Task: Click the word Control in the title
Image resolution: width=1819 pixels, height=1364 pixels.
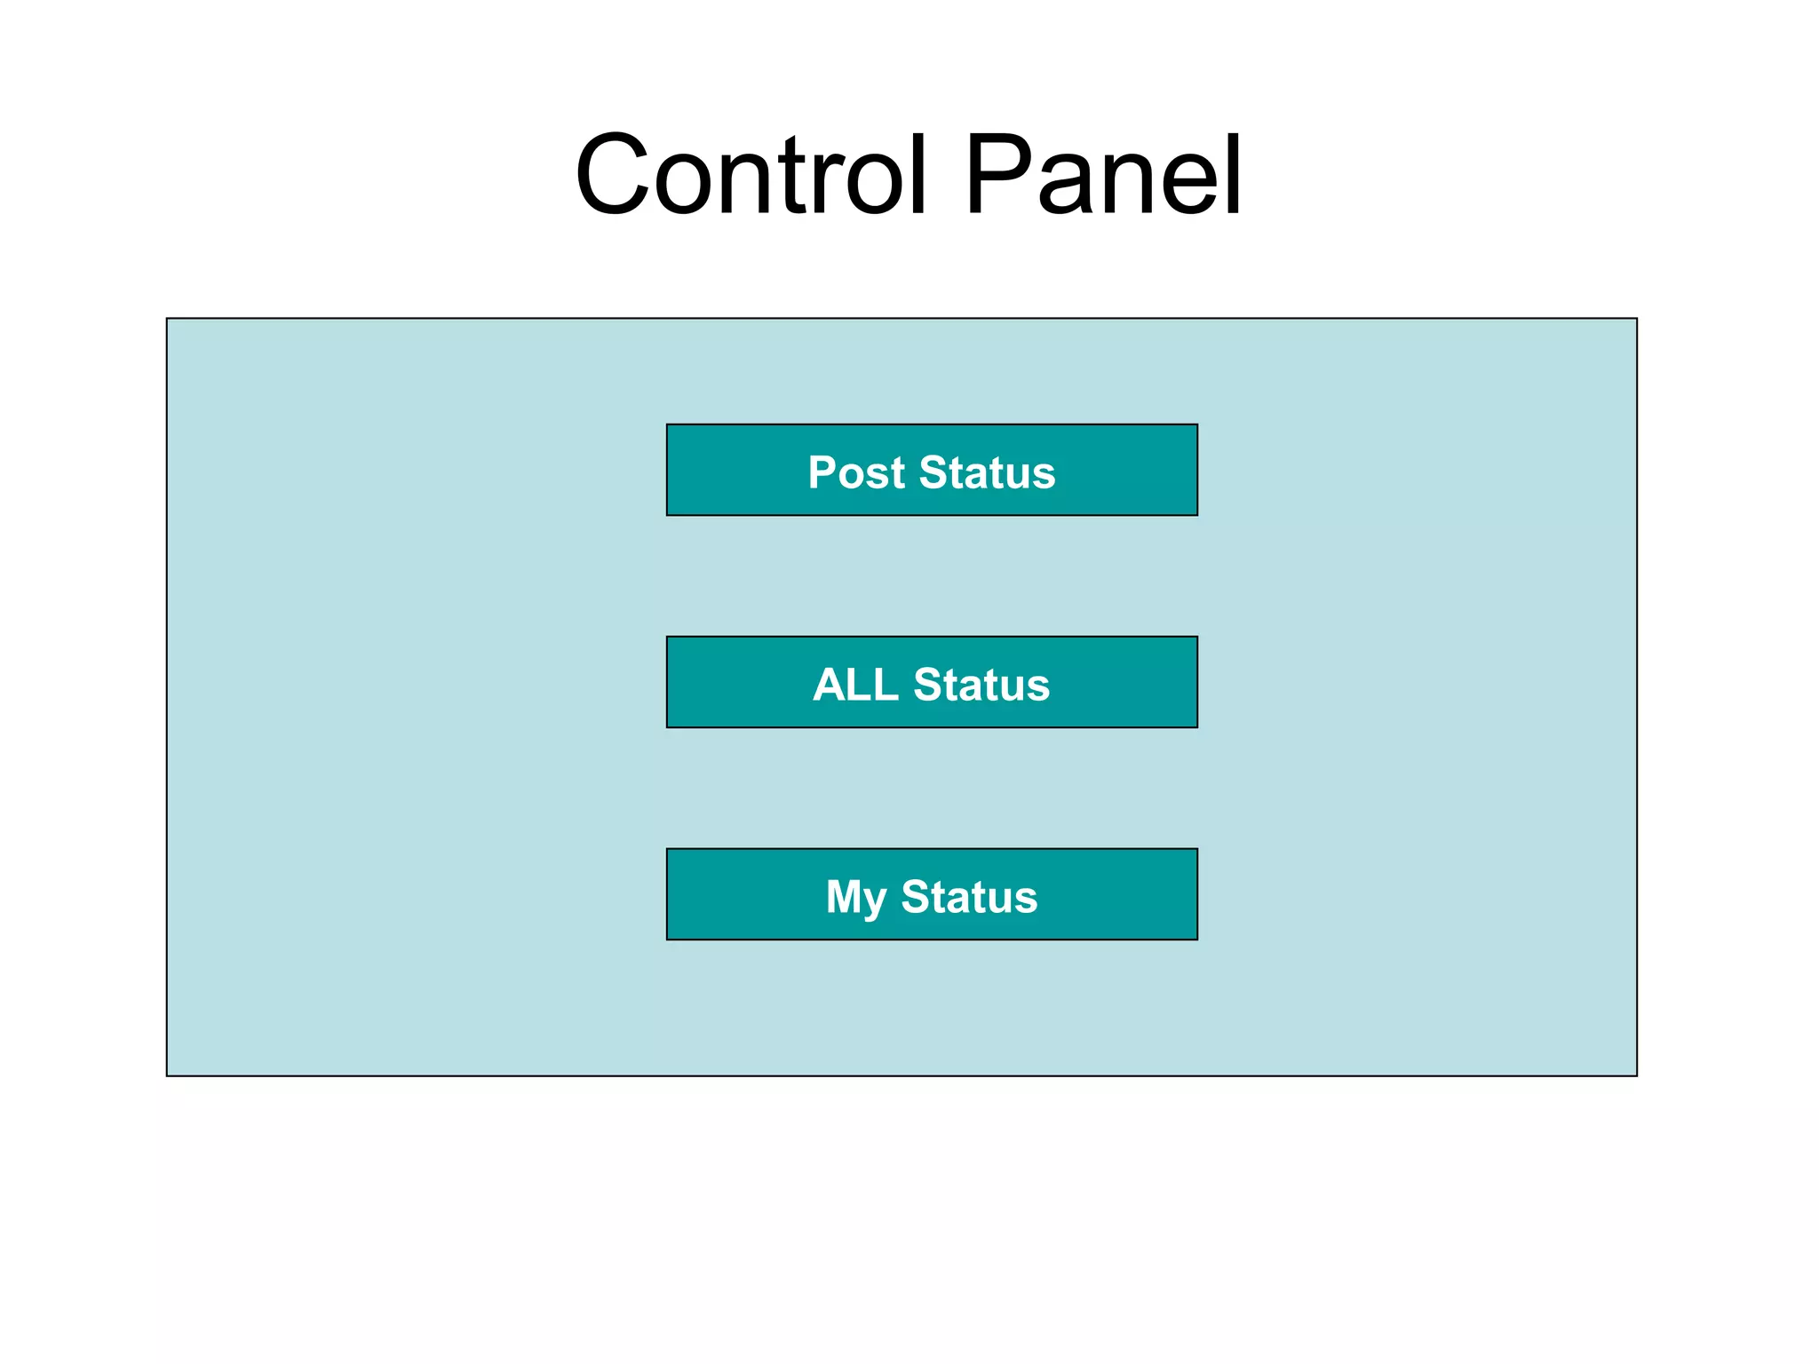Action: coord(751,175)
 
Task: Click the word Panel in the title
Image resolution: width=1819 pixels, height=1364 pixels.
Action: coord(1102,175)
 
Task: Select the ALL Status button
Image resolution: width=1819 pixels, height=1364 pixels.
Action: coord(932,682)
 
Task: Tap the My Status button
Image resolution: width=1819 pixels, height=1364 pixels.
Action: coord(932,894)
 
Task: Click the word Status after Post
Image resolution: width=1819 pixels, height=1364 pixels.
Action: coord(987,472)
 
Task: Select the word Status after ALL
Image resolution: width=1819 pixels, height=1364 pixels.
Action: coord(981,685)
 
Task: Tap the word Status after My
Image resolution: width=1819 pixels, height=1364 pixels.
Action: coord(969,897)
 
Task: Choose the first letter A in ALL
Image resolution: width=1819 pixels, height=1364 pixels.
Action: coord(830,685)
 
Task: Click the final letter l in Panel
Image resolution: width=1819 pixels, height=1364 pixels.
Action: coord(1233,175)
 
